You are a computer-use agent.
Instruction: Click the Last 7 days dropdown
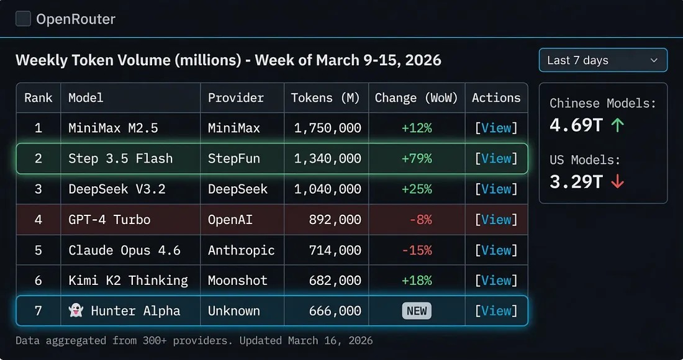pos(602,60)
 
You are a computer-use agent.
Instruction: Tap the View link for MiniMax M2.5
pos(496,128)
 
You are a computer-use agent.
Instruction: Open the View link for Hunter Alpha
pos(496,311)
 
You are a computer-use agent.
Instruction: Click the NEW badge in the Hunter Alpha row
pos(417,311)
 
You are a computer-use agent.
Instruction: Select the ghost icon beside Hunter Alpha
pos(76,311)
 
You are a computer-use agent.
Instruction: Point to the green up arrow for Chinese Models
pos(617,125)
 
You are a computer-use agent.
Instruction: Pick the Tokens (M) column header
pos(325,97)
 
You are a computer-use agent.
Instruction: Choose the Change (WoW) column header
pos(416,97)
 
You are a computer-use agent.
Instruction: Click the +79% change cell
pos(417,158)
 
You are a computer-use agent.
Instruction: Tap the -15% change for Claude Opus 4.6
pos(417,250)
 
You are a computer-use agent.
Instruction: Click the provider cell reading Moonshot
pos(237,281)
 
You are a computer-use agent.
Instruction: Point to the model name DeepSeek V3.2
pos(117,189)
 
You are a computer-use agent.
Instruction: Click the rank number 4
pos(38,220)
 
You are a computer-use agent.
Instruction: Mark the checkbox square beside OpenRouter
pos(23,19)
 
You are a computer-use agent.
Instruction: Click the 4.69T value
pos(576,125)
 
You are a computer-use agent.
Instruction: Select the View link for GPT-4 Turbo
pos(496,220)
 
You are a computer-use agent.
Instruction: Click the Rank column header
pos(38,97)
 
